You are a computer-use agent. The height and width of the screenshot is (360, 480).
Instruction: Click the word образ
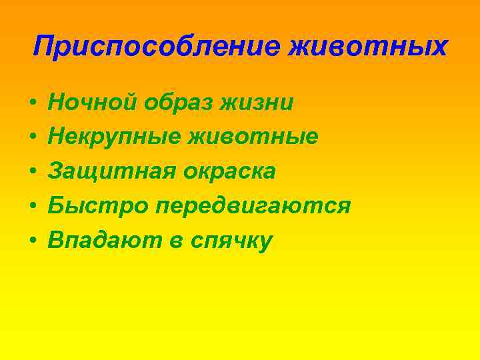click(173, 103)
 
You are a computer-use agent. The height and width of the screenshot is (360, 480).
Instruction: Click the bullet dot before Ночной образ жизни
click(32, 104)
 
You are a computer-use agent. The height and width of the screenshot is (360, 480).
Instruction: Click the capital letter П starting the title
click(43, 46)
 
